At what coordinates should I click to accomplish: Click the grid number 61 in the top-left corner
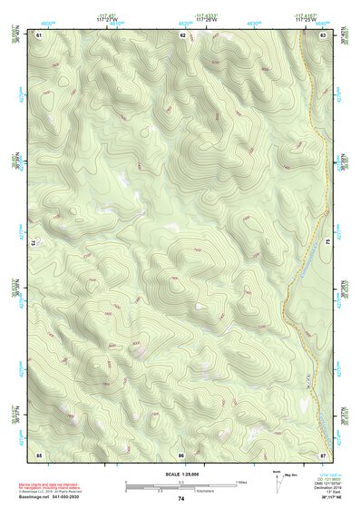(40, 35)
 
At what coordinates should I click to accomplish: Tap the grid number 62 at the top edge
(182, 35)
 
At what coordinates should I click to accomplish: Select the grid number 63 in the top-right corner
(324, 35)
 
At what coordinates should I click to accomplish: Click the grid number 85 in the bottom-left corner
(40, 453)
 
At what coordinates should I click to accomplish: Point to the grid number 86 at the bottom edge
(182, 453)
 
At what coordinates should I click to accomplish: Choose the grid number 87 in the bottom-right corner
(324, 453)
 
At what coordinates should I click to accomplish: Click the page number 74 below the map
(181, 499)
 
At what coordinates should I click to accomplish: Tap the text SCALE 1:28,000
(181, 474)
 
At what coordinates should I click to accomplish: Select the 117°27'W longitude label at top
(107, 21)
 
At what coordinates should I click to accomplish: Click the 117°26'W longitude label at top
(207, 21)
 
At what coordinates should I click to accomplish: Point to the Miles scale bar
(181, 483)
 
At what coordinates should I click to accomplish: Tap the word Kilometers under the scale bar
(205, 494)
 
